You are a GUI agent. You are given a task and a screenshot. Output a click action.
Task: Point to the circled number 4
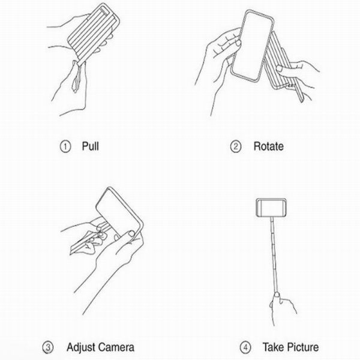pos(245,347)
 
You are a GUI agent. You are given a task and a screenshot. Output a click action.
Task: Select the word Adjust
pos(81,347)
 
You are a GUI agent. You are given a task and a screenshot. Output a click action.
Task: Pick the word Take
pos(273,347)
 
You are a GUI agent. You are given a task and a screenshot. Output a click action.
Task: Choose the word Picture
pos(302,347)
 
